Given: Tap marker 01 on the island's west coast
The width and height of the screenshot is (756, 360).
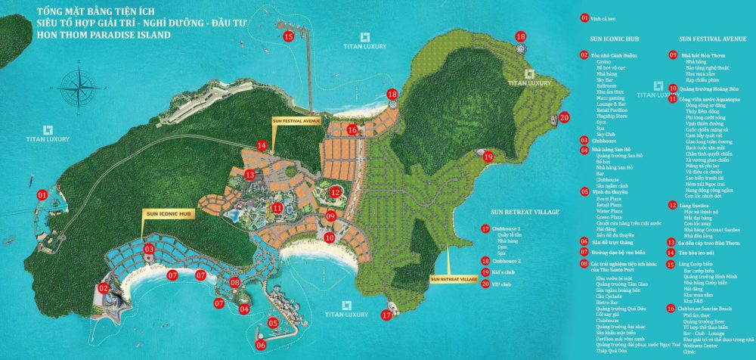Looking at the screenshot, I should [42, 194].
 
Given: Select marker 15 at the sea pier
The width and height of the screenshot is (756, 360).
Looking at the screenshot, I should [288, 36].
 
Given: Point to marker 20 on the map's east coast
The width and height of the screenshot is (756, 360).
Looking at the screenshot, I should [563, 116].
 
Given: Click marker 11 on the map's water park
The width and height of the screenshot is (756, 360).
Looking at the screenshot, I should [278, 207].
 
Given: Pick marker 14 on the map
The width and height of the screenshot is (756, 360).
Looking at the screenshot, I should [261, 145].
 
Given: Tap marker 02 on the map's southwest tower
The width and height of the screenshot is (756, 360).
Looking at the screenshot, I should [104, 287].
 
